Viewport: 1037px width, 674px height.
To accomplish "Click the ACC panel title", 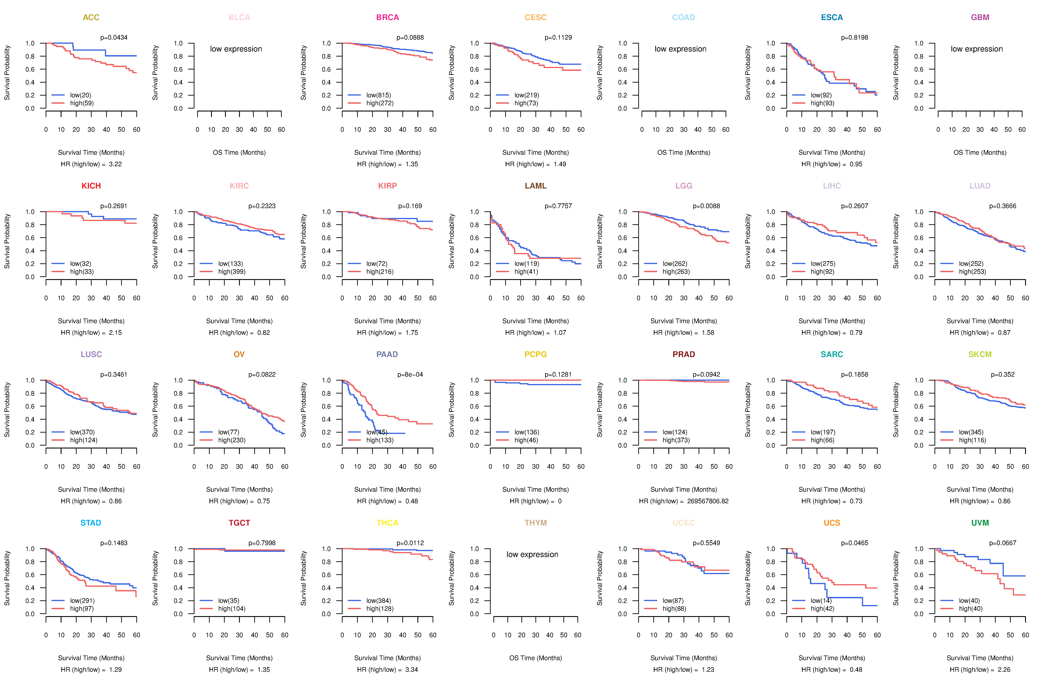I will coord(91,17).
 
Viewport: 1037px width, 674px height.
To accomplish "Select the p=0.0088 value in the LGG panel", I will coord(706,206).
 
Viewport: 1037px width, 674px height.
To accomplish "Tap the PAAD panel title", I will coord(387,354).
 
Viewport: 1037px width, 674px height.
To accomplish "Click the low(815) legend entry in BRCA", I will coord(378,95).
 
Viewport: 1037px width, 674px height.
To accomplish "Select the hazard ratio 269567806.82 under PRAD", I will coord(708,501).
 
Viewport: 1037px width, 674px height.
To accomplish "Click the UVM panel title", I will coord(980,523).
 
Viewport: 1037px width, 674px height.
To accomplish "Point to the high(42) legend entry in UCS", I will coord(822,609).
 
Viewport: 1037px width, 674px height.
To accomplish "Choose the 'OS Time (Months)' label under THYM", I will coord(535,658).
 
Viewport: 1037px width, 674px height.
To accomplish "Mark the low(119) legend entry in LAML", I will coord(526,264).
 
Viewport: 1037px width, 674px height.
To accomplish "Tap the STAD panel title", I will coord(91,523).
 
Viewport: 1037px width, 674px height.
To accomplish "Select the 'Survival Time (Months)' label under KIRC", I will coord(239,321).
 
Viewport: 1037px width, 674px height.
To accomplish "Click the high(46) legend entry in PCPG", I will coord(526,440).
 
